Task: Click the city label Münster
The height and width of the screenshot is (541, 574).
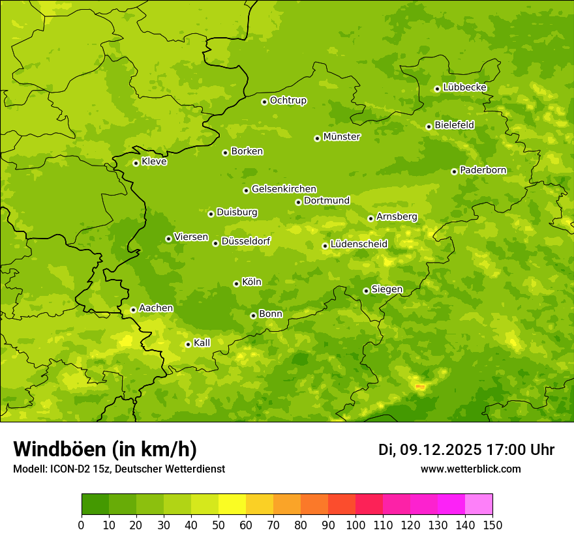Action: pos(342,137)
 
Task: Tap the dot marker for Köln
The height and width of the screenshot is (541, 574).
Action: pos(236,284)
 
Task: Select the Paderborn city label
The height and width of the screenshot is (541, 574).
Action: pos(483,170)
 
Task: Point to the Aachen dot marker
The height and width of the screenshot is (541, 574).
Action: pos(133,310)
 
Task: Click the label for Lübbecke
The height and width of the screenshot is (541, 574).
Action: pos(464,87)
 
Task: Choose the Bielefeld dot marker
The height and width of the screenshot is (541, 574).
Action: pos(429,126)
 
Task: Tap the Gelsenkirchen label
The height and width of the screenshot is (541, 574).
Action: pos(284,189)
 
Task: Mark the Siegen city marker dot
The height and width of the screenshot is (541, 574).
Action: pos(366,291)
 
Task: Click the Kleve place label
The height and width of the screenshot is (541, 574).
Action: pos(154,162)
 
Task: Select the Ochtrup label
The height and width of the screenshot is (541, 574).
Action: pos(288,100)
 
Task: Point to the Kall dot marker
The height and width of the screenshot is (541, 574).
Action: pos(188,344)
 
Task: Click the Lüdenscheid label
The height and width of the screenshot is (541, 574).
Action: pos(359,244)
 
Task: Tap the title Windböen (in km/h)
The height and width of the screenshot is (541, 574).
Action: pos(105,449)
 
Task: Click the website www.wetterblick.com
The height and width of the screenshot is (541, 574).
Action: pos(470,469)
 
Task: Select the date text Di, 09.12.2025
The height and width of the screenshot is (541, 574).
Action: pos(430,450)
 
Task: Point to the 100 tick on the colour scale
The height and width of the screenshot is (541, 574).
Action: pos(355,525)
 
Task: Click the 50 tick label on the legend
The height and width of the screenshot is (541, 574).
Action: pos(219,525)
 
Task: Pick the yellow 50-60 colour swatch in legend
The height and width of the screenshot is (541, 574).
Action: pos(232,504)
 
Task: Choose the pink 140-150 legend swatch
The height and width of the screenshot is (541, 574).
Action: pos(479,504)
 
